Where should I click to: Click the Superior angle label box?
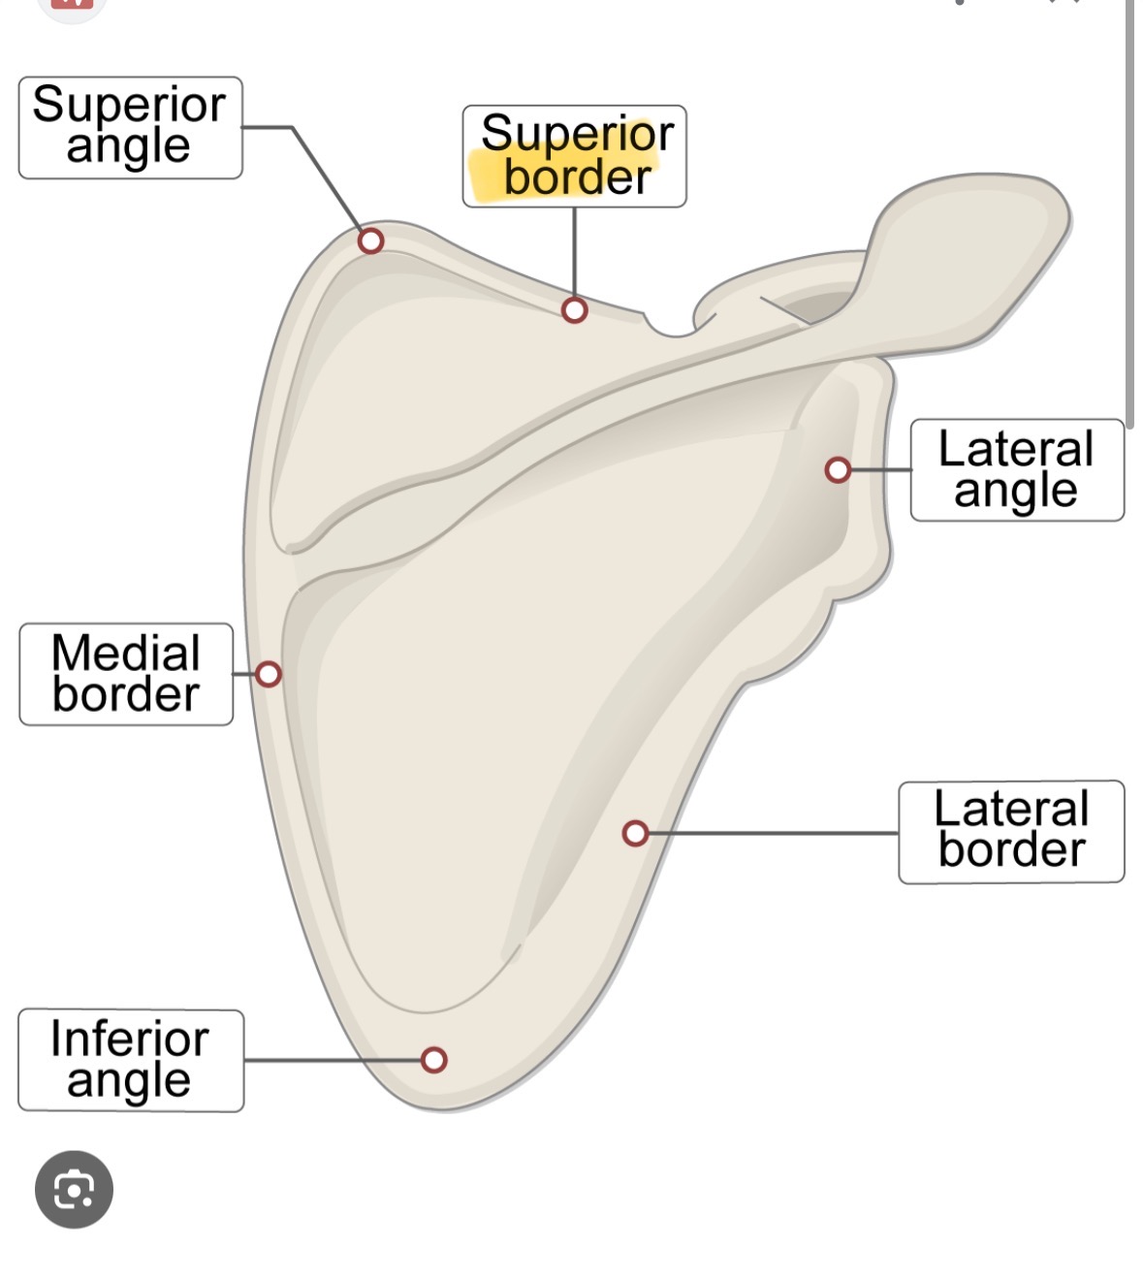coord(130,127)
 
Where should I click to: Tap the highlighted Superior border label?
coord(575,156)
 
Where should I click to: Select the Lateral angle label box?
coord(1016,470)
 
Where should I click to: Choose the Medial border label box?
coord(126,674)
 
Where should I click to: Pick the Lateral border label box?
coord(1010,831)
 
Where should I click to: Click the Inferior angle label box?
coord(130,1060)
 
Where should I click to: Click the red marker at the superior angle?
coord(370,240)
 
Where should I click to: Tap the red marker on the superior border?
coord(574,310)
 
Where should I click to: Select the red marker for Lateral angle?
coord(838,470)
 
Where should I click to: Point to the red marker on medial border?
coord(269,674)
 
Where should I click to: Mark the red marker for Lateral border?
coord(635,833)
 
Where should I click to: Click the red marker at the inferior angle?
coord(434,1060)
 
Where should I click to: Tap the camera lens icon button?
coord(74,1189)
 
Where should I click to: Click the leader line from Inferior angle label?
coord(330,1060)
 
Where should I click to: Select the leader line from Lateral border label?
coord(776,833)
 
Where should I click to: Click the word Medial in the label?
coord(126,653)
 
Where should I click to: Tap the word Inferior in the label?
coord(130,1039)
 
